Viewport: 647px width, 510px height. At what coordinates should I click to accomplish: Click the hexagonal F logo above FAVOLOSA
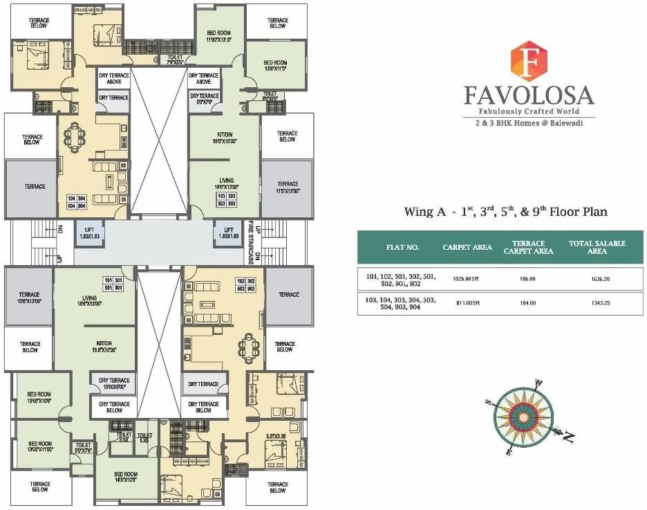point(528,61)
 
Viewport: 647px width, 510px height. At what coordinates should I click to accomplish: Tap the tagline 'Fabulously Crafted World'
point(529,111)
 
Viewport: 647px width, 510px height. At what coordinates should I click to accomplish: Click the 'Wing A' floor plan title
point(505,212)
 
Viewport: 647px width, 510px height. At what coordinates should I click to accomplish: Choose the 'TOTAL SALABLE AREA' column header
point(597,247)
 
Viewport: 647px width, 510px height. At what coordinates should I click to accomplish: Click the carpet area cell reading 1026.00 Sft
point(467,279)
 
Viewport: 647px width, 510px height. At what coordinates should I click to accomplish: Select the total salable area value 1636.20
point(597,279)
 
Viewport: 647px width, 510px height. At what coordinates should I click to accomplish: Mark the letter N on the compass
point(568,437)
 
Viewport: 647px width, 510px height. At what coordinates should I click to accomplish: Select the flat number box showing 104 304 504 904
point(76,202)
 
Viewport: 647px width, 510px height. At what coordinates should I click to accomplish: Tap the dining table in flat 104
point(77,135)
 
